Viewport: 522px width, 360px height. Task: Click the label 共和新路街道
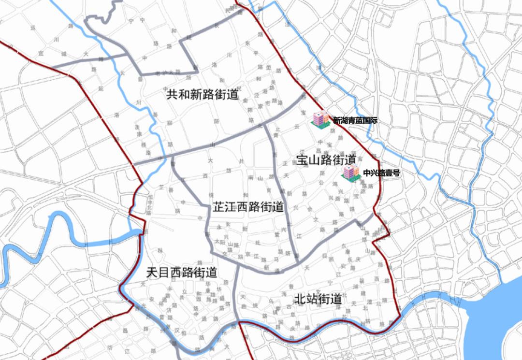(x=203, y=94)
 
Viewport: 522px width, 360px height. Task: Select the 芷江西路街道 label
(x=248, y=208)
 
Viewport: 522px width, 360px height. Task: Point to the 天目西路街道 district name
(x=181, y=273)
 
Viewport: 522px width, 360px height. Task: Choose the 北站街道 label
(x=318, y=299)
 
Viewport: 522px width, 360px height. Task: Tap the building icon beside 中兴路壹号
(x=351, y=173)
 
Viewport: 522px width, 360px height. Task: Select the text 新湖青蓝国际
(x=355, y=121)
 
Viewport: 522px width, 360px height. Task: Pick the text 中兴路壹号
(x=381, y=173)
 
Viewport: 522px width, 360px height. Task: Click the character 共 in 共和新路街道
(x=173, y=94)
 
